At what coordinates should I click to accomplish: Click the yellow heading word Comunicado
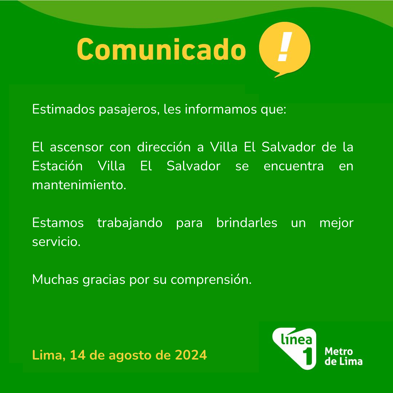[162, 49]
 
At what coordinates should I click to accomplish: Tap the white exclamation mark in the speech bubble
[285, 47]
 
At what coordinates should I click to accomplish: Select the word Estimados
[63, 109]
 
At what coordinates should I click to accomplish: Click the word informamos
[221, 109]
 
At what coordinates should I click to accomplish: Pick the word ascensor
[77, 147]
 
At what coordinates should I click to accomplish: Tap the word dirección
[164, 147]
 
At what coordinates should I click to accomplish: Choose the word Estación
[57, 166]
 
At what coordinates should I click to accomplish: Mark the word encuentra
[294, 166]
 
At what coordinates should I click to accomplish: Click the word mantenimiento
[79, 185]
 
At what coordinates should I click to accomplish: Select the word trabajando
[130, 223]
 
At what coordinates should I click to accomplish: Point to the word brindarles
[247, 222]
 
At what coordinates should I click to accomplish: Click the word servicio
[56, 242]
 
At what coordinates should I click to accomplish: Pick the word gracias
[104, 280]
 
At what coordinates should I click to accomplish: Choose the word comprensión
[211, 280]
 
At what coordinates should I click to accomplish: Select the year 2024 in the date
[191, 355]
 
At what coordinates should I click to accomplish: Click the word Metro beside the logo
[339, 352]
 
